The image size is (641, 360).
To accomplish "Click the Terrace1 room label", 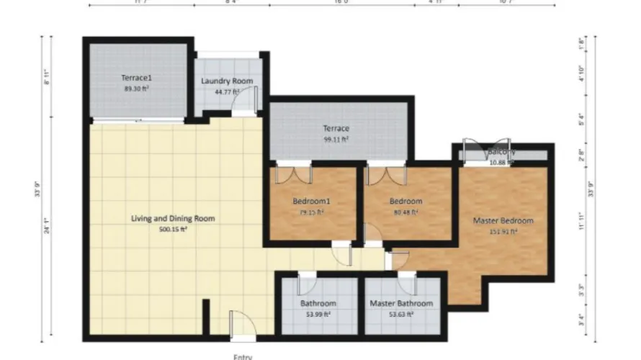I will (x=136, y=76).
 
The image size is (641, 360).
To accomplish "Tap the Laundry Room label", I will (x=227, y=81).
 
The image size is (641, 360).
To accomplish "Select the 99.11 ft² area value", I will (x=336, y=140).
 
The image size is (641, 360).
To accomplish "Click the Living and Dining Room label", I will (x=173, y=218).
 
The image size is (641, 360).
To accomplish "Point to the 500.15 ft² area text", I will (x=173, y=230).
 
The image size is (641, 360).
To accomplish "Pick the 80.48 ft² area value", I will (x=405, y=212).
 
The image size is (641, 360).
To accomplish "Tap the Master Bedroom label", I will (x=503, y=220).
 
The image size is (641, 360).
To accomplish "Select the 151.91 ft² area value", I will (x=503, y=232).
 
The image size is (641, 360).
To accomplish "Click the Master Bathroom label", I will (x=401, y=303).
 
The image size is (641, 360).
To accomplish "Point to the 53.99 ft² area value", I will (x=318, y=315).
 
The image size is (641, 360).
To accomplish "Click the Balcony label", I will (x=501, y=152).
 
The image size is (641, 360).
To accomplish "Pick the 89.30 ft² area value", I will (x=136, y=88).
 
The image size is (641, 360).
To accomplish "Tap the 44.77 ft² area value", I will (x=227, y=92).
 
